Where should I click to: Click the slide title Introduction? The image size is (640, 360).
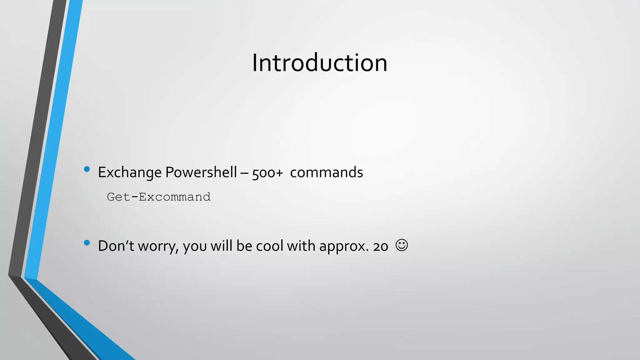[x=319, y=63]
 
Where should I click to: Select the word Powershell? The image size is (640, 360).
[x=201, y=172]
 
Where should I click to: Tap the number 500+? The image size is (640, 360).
[x=267, y=173]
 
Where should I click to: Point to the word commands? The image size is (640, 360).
[x=326, y=172]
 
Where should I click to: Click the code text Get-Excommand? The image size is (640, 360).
[x=159, y=197]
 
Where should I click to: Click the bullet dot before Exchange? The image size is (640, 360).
[x=87, y=169]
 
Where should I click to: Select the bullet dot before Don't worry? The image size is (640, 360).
[x=87, y=243]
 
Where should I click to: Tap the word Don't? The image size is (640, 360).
[x=116, y=246]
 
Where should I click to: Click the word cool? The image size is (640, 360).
[x=270, y=246]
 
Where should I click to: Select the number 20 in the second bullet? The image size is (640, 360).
[x=381, y=247]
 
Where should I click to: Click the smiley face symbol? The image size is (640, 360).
[x=402, y=245]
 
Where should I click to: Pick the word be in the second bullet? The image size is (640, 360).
[x=244, y=246]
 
